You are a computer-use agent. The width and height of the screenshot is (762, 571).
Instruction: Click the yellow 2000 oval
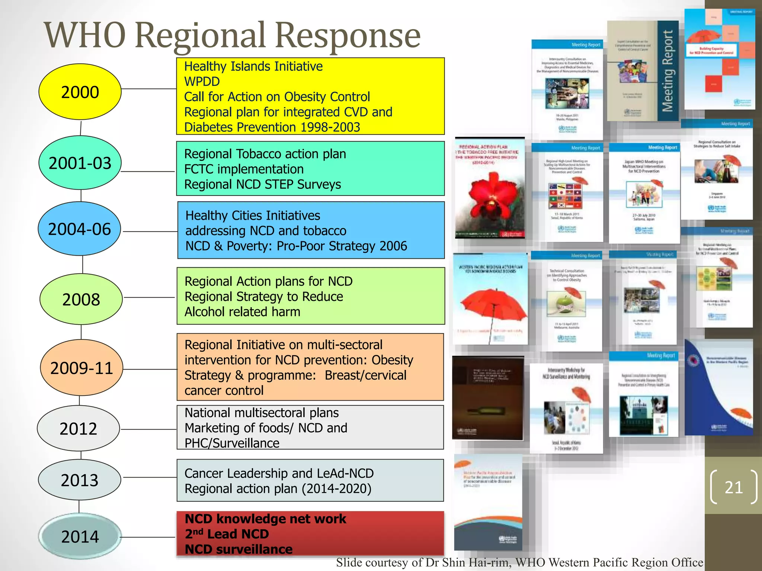(x=80, y=92)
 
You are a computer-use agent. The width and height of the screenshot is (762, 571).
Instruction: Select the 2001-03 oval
(x=80, y=163)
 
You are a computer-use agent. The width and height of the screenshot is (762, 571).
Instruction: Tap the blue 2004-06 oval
(x=79, y=229)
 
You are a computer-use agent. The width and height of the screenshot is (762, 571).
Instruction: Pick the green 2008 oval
(x=81, y=299)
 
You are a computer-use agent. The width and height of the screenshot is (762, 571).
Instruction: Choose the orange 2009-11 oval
(x=81, y=368)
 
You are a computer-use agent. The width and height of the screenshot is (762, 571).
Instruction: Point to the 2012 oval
(x=79, y=429)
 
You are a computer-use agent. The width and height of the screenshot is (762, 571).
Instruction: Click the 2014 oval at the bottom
(x=80, y=536)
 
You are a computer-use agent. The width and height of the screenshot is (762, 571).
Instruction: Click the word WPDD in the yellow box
(x=202, y=81)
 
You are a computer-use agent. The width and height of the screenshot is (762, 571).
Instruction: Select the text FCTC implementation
(x=244, y=169)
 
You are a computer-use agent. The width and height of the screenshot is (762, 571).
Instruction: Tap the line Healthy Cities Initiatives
(x=253, y=216)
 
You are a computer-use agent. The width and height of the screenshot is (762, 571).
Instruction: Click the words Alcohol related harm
(x=242, y=312)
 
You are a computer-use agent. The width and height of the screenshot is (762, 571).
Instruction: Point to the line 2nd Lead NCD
(x=227, y=534)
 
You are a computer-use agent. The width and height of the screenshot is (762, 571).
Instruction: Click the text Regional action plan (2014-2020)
(x=278, y=488)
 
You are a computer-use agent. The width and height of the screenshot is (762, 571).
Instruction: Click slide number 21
(x=733, y=487)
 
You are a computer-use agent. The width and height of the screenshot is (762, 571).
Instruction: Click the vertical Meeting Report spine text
(x=668, y=71)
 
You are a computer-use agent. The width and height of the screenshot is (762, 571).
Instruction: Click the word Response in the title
(x=348, y=35)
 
